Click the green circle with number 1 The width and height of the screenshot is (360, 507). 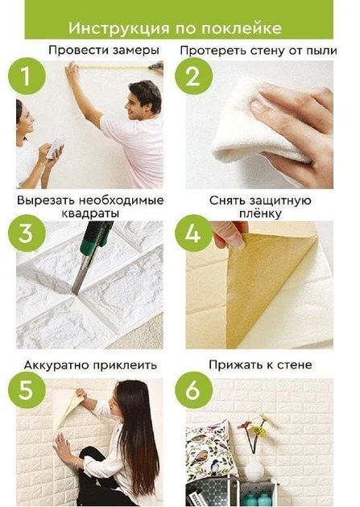point(27,76)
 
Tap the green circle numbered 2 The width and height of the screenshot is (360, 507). point(194,76)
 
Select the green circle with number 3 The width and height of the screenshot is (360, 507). point(27,233)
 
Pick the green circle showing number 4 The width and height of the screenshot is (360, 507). point(194,233)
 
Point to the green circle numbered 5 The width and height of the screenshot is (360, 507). point(27,390)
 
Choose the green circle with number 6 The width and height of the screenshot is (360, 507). point(194,390)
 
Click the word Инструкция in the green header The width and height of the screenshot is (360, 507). point(118,28)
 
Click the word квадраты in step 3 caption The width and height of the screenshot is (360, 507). point(90,213)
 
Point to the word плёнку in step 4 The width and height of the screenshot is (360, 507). point(260,214)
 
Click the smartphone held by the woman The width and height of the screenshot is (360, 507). point(55,148)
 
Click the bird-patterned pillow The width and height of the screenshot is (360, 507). point(210,451)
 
